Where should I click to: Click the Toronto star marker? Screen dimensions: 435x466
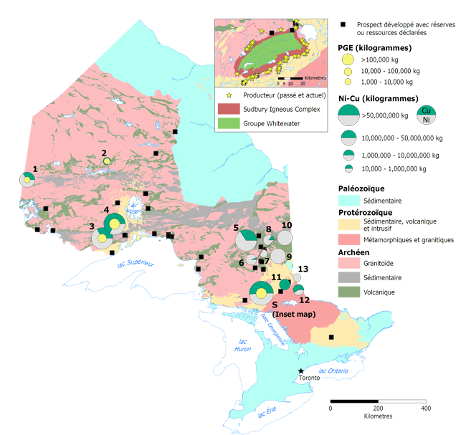point(301,371)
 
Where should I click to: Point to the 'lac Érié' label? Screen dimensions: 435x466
point(268,413)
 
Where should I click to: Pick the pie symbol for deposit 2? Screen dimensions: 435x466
point(106,162)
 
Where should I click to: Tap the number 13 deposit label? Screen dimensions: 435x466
point(303,269)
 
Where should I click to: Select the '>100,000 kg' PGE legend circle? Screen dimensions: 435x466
point(346,60)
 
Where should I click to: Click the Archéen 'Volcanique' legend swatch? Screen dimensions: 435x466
point(346,292)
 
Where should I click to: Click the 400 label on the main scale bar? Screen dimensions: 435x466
point(427,408)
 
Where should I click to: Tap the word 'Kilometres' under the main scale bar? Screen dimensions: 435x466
point(378,416)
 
